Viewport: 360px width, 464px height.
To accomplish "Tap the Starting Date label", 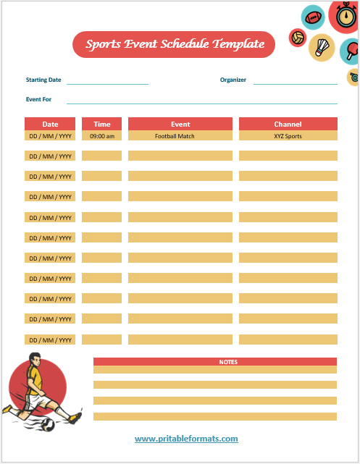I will (x=43, y=80).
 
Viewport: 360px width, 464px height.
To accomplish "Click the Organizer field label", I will (x=233, y=80).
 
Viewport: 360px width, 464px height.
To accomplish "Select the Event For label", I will (x=38, y=99).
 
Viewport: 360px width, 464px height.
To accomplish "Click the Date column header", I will (x=50, y=124).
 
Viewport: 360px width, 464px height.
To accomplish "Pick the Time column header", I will (x=102, y=124).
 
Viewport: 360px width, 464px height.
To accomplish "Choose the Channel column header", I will (x=288, y=124).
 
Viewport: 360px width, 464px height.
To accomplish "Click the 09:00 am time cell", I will (x=102, y=136).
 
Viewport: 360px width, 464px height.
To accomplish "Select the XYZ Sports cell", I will (x=288, y=136).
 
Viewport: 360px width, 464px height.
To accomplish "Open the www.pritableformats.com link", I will (x=186, y=439).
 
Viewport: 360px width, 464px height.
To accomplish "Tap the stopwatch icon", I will (x=343, y=14).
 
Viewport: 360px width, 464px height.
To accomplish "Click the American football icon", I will (x=314, y=17).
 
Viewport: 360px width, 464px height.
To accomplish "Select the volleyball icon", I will (x=298, y=37).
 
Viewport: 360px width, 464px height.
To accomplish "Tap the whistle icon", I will (x=353, y=77).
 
